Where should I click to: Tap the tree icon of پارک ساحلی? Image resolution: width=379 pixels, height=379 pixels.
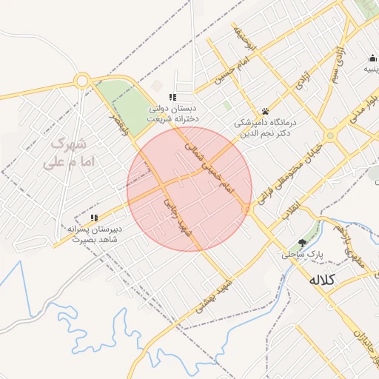click(302, 243)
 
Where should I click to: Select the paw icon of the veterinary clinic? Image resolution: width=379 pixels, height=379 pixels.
click(265, 111)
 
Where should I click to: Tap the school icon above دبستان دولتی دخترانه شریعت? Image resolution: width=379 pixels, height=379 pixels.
click(172, 97)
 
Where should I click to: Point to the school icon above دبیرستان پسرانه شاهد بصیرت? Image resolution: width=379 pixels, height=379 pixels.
click(94, 218)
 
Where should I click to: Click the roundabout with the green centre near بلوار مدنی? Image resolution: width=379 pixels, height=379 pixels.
click(331, 135)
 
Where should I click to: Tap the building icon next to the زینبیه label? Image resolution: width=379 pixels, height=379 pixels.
click(370, 58)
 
